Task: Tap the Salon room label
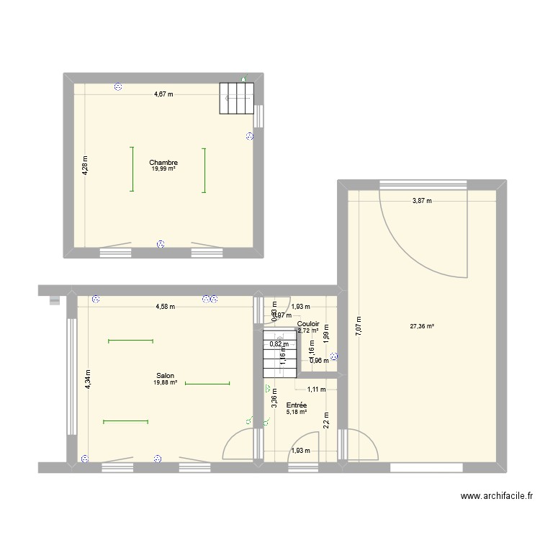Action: pyautogui.click(x=164, y=375)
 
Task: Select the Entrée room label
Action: pyautogui.click(x=296, y=405)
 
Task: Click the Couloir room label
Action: pyautogui.click(x=308, y=324)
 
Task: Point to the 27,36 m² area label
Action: pyautogui.click(x=421, y=326)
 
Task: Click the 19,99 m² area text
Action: pyautogui.click(x=163, y=169)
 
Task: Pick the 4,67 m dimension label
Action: pyautogui.click(x=163, y=94)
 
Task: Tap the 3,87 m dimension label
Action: pyautogui.click(x=422, y=201)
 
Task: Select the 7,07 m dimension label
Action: pyautogui.click(x=357, y=328)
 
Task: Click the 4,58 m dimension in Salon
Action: pyautogui.click(x=165, y=307)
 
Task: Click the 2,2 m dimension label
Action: pyautogui.click(x=325, y=419)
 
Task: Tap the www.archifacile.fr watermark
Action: pyautogui.click(x=498, y=496)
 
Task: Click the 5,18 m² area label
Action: pyautogui.click(x=296, y=412)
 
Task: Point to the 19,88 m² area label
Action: pyautogui.click(x=164, y=382)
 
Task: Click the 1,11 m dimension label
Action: pyautogui.click(x=317, y=390)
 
